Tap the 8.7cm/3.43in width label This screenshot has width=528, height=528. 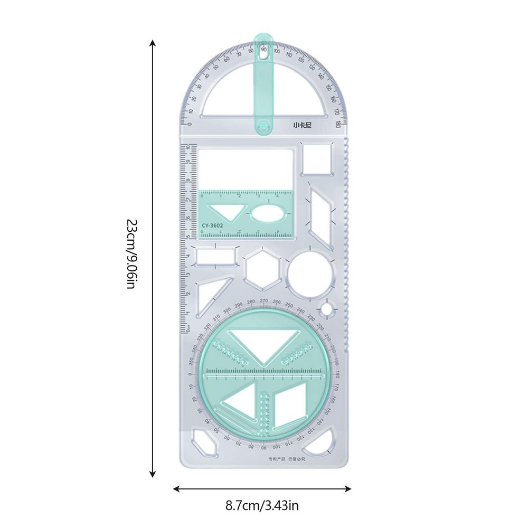tap(262, 505)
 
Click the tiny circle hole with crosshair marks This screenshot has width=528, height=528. tap(328, 308)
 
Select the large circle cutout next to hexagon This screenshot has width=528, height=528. tap(311, 275)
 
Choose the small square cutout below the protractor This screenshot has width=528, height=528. tap(316, 158)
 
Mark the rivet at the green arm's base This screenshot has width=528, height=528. tap(263, 126)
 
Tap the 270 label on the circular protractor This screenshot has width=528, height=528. tap(264, 301)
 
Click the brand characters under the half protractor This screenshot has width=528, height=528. tap(303, 126)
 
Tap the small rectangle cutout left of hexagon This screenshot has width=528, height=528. tap(215, 256)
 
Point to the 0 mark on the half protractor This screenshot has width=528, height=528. tap(188, 124)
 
